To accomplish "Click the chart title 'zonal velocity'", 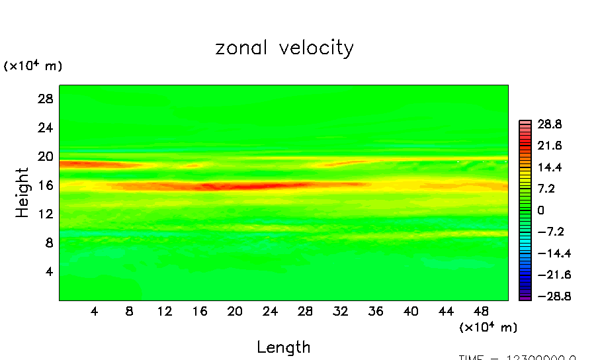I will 284,48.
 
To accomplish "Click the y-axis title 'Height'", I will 22,193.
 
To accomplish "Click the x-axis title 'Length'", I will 283,347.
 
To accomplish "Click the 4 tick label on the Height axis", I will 47,271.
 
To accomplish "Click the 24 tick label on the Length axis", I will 270,311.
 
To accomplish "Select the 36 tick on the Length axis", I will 376,311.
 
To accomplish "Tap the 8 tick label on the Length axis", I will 129,311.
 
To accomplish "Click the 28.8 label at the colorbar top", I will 550,124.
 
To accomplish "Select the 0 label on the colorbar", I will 540,210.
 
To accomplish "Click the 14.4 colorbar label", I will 550,167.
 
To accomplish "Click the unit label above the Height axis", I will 33,66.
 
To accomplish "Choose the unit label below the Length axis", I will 488,328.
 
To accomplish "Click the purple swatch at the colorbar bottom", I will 525,298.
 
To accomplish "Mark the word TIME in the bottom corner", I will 474,357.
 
